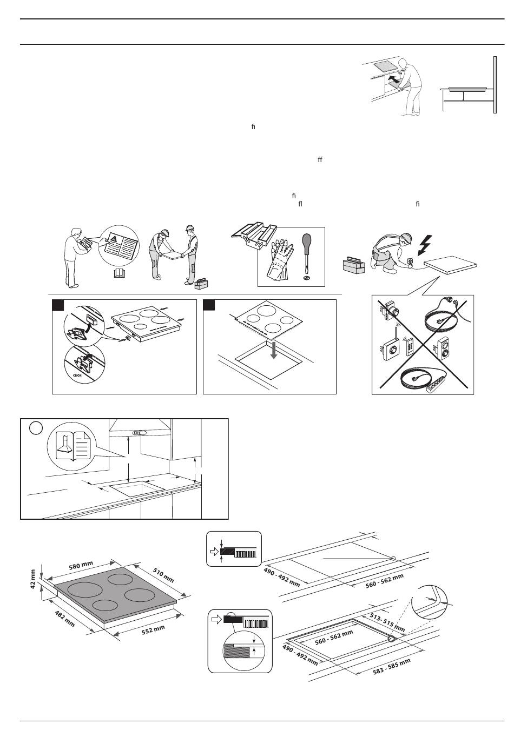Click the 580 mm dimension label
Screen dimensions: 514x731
pos(81,567)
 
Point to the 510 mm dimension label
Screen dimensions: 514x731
pos(163,575)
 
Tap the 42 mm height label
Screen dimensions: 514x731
pos(33,579)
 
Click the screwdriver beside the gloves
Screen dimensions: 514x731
pos(306,253)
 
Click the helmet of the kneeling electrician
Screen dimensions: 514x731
pos(406,239)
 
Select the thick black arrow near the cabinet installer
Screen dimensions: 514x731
pos(394,80)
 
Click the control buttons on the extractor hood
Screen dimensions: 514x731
pos(139,432)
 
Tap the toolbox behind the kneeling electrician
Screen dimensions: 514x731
pos(354,265)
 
